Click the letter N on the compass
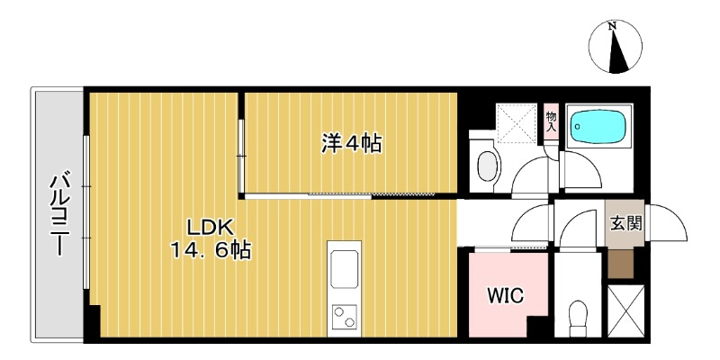click(612, 27)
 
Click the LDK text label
click(211, 228)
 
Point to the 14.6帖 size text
click(211, 251)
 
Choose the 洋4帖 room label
click(351, 144)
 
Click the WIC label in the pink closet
click(505, 296)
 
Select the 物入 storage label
click(551, 121)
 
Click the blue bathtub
click(598, 125)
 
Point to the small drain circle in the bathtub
click(578, 125)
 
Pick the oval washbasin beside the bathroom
click(488, 167)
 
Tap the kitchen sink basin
click(345, 269)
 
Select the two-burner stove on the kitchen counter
click(345, 318)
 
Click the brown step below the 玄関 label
click(620, 264)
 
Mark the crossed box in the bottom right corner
click(625, 311)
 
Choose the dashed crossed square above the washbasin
click(517, 122)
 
